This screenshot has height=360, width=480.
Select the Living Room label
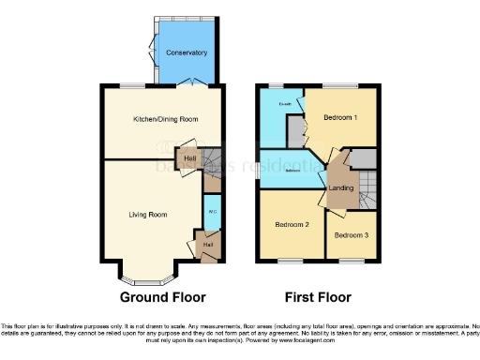(x=148, y=215)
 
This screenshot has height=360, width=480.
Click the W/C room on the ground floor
(x=212, y=211)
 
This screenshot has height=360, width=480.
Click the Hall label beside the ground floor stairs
(x=190, y=159)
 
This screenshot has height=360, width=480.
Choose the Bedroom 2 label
(x=292, y=226)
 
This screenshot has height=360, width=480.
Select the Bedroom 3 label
(x=351, y=234)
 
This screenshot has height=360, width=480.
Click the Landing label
(x=339, y=189)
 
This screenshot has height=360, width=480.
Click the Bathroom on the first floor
(x=292, y=170)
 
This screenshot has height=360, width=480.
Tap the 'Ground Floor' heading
(x=162, y=297)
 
